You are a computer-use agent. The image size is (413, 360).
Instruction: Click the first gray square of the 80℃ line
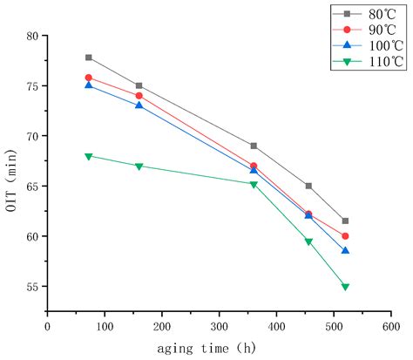[x=89, y=58]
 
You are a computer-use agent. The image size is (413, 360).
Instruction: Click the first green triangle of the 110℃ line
[x=89, y=156]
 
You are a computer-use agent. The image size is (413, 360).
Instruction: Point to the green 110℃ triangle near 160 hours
[x=139, y=166]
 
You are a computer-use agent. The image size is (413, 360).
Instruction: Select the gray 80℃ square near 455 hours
[x=308, y=186]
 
